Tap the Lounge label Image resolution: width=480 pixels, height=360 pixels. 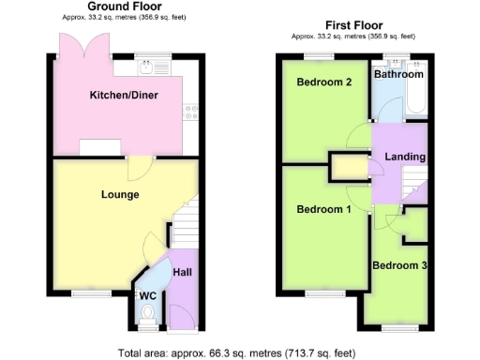tap(120, 195)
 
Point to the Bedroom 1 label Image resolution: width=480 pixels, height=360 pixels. tap(323, 209)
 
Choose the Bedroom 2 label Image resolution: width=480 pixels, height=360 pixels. tap(323, 82)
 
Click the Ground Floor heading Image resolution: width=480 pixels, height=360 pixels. tap(122, 7)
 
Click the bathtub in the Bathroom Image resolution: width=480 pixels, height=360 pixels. tap(416, 99)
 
